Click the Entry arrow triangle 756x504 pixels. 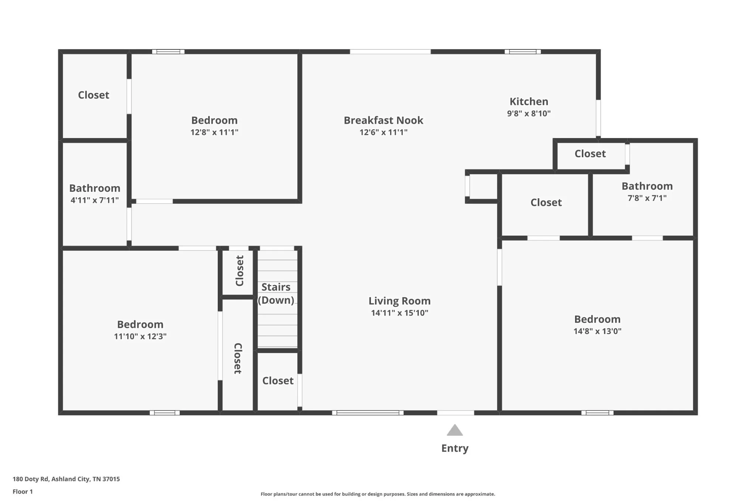point(455,430)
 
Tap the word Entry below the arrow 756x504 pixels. point(455,448)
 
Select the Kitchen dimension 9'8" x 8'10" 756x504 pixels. point(529,113)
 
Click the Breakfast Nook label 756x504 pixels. point(384,120)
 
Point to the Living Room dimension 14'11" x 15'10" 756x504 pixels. point(399,313)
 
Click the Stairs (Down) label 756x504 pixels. point(276,294)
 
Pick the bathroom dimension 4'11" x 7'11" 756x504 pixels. point(94,200)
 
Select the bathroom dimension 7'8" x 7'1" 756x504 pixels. point(647,198)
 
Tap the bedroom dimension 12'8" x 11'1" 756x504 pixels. point(214,132)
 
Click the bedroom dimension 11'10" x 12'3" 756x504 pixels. point(140,336)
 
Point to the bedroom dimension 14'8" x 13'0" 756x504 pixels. point(597,331)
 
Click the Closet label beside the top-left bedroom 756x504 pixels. point(93,95)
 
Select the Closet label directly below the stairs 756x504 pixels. point(278,381)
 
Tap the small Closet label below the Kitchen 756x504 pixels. point(590,154)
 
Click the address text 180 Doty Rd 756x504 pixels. point(31,479)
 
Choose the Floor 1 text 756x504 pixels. point(23,491)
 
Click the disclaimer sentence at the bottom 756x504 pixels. point(378,494)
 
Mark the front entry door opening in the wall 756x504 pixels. point(456,413)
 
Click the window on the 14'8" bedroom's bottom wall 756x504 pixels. point(597,413)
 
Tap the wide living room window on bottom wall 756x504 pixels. point(368,413)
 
